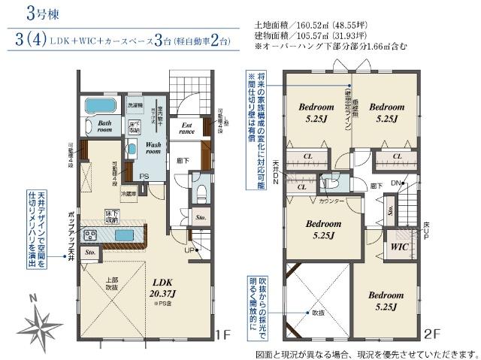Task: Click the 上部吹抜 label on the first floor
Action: (x=113, y=283)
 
